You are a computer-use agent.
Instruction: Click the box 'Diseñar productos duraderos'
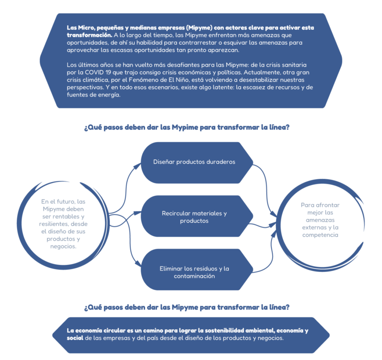coord(197,163)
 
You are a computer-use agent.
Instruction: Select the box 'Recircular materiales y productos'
coord(197,216)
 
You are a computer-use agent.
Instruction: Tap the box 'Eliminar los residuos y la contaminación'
coord(197,270)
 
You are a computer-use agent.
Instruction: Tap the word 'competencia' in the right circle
coord(320,235)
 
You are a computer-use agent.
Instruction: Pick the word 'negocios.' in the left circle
coord(63,246)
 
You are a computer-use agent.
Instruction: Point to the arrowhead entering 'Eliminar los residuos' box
coord(138,264)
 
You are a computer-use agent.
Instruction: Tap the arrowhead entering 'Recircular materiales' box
coord(138,213)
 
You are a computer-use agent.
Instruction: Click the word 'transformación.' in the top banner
coord(90,35)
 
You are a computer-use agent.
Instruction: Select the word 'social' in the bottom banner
coord(75,338)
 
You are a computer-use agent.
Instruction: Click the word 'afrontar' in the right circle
coord(327,205)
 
